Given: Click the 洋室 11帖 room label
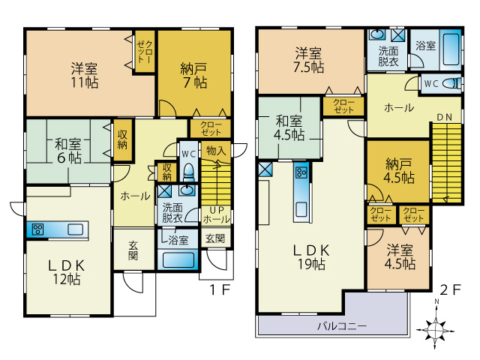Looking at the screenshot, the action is pos(85,75).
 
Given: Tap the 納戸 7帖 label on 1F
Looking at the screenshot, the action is pos(193,76).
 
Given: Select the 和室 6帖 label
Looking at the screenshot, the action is pos(68,151).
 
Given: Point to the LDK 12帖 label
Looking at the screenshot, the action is pos(67,272).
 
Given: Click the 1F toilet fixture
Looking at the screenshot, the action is pos(188,172).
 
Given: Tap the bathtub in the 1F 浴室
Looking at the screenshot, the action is pos(178,260).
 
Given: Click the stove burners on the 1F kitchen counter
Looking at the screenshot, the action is pos(38,229).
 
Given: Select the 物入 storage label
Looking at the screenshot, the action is pos(216,150).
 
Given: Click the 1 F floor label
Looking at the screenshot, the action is pos(220,289).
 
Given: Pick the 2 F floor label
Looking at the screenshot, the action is pos(450,289).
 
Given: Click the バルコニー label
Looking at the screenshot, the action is pos(342,325).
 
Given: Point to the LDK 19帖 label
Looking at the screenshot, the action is pos(312,257).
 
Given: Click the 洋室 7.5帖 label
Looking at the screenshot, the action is pos(308,60).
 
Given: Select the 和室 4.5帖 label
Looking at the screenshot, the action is pos(289,127).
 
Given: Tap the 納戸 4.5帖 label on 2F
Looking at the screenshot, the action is pos(398,171).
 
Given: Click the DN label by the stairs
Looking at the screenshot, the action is pos(445,117).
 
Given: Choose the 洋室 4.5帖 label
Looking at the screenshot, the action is pos(400,256).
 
